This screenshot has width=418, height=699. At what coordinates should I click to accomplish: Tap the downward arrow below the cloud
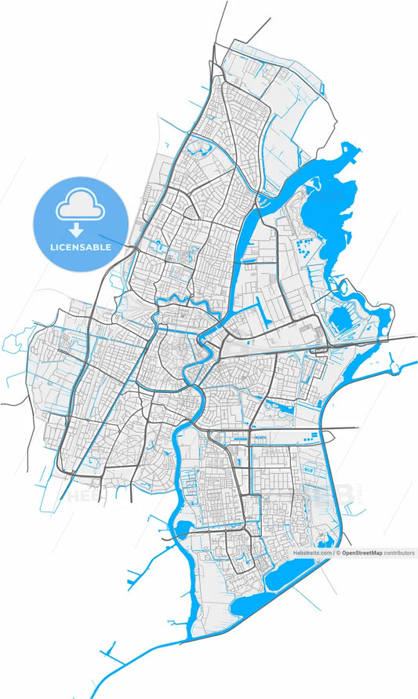coord(76,230)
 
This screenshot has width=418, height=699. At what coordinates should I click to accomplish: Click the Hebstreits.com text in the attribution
coord(313,553)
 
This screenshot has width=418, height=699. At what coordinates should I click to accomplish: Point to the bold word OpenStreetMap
coord(362,553)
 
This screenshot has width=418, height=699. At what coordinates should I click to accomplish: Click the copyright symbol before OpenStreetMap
coord(339,553)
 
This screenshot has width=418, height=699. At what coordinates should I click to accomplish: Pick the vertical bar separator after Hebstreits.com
coord(334,553)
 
